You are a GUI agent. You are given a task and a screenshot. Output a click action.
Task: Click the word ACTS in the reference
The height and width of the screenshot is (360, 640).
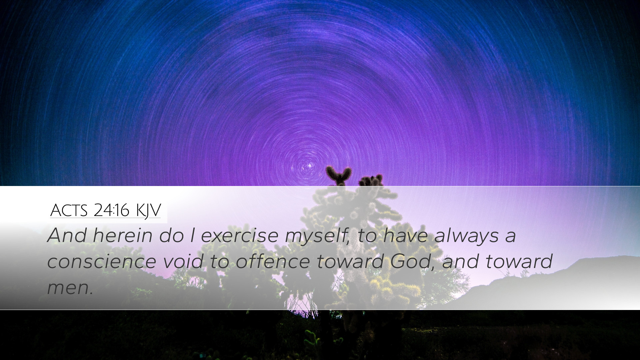[x=69, y=210]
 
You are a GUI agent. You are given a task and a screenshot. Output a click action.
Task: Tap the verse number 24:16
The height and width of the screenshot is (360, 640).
[x=111, y=210]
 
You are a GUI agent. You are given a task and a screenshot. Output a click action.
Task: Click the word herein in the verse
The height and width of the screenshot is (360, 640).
[x=122, y=235]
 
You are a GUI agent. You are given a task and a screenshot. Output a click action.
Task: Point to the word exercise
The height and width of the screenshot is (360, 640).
[x=240, y=235]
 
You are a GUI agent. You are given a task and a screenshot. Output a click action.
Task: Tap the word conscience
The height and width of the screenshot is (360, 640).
[x=102, y=262]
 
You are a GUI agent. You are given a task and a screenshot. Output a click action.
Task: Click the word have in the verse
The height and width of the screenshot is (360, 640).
[x=405, y=235]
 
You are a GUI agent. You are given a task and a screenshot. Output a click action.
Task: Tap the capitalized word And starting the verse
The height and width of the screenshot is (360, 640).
[x=67, y=235]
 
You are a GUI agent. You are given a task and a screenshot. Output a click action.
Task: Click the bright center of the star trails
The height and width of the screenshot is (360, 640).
[x=308, y=166]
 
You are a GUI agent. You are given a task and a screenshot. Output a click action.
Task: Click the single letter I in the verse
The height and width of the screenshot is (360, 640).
[x=193, y=235]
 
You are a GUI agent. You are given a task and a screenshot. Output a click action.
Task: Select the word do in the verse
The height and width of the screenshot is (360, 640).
[x=171, y=235]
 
